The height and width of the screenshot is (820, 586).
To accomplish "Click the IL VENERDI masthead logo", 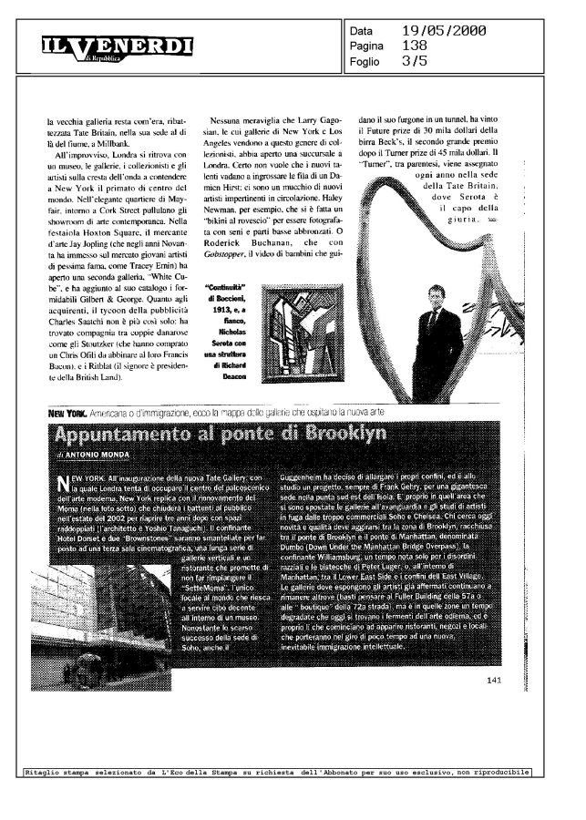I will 117,46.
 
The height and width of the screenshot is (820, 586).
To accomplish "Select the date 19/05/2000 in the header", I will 444,31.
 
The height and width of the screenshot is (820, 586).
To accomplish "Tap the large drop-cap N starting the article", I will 63,483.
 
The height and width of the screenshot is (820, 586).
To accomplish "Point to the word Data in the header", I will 363,31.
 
